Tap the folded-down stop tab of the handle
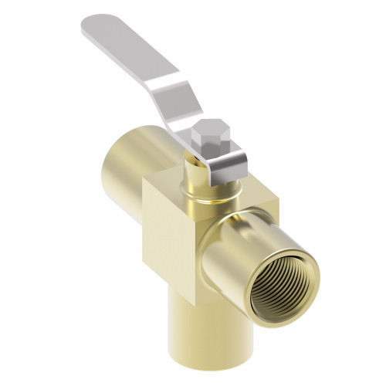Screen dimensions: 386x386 pos(229,161)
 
